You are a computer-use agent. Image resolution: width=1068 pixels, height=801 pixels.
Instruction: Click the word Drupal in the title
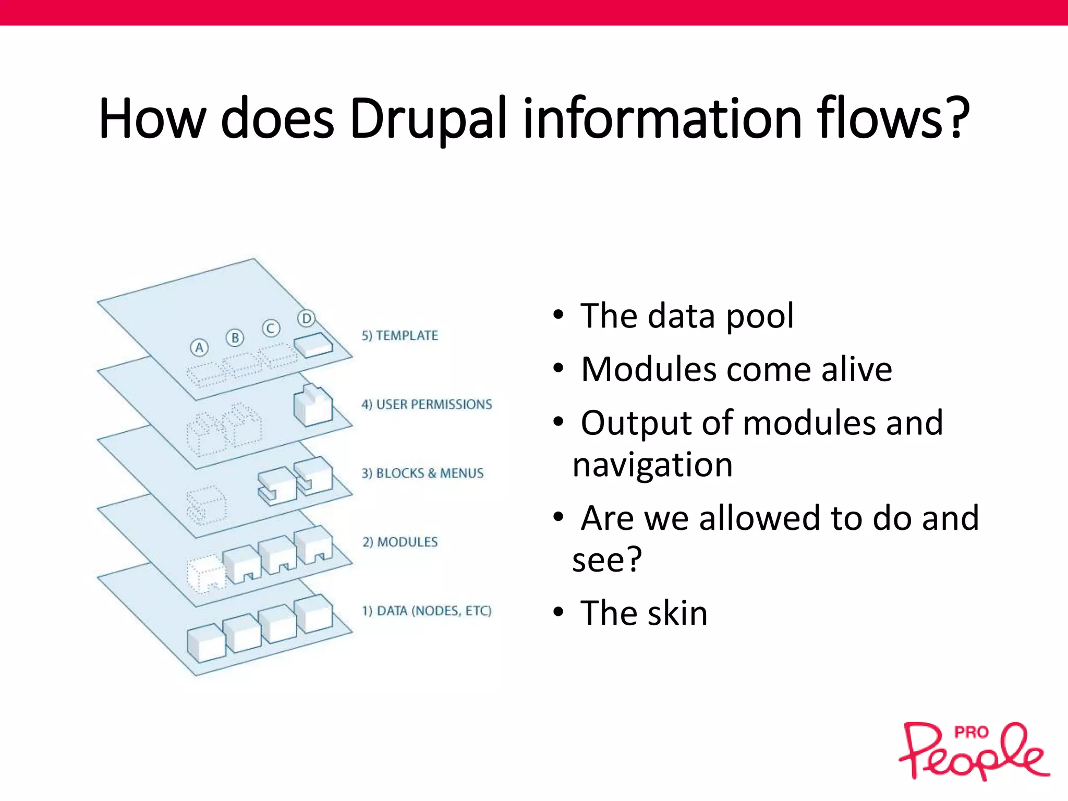(x=428, y=119)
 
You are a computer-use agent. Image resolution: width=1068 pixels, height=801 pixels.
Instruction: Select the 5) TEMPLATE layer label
(x=400, y=335)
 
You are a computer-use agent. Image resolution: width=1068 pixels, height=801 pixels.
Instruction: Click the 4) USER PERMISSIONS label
(x=427, y=404)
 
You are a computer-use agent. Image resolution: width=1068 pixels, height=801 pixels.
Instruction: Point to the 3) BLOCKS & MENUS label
(x=422, y=473)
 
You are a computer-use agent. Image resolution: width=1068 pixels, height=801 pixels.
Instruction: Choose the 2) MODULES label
(x=400, y=542)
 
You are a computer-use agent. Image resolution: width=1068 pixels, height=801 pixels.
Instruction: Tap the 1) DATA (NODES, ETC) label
(x=427, y=611)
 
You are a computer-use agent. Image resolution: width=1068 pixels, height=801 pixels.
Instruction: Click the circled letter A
(x=199, y=347)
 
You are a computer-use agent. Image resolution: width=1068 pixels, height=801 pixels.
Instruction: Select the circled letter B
(x=235, y=338)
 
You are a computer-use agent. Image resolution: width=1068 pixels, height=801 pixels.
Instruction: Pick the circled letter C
(x=271, y=329)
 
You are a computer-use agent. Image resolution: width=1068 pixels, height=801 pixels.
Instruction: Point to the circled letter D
(x=307, y=318)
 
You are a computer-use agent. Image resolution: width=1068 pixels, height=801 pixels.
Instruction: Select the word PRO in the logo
(x=971, y=733)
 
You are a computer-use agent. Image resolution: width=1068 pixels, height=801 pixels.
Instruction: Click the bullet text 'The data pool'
(x=687, y=316)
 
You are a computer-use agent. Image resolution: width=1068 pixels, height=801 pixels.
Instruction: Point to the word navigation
(x=652, y=465)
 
